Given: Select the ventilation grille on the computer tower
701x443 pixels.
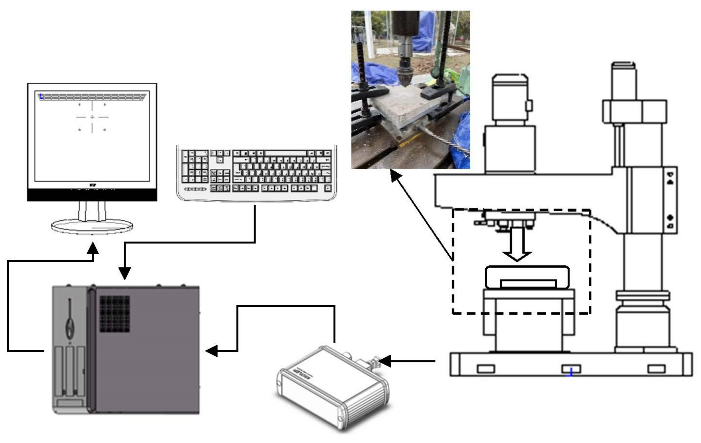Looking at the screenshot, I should tap(115, 314).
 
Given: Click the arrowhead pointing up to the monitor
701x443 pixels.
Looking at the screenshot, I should tap(93, 248).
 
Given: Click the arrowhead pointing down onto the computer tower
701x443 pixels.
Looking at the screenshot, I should tap(125, 273).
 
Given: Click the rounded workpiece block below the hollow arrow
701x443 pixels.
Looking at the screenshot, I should tap(527, 277).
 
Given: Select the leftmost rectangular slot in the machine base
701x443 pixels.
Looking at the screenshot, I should tap(486, 369).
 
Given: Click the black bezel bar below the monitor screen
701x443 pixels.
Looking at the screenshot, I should tap(92, 195).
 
